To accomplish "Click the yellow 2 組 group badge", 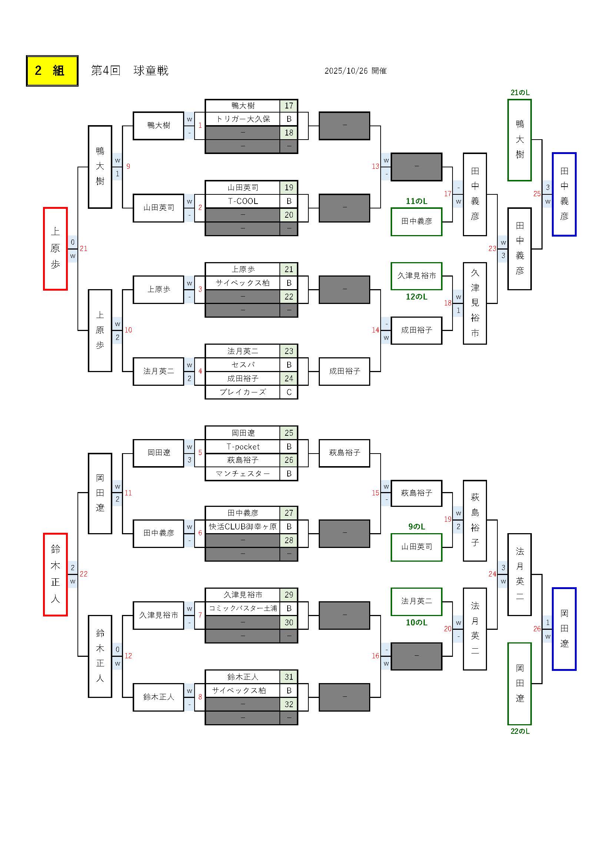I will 52,71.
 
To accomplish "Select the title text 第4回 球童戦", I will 129,71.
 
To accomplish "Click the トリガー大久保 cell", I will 243,119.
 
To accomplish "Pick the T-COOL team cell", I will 243,201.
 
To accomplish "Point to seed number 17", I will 289,106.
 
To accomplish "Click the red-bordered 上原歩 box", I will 56,248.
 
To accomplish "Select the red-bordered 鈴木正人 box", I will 56,574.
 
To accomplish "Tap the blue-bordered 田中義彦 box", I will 564,194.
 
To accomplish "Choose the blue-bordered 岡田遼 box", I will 564,629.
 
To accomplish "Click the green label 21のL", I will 520,93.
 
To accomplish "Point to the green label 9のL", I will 416,526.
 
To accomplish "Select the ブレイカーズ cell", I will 243,392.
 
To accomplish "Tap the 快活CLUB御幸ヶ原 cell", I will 243,526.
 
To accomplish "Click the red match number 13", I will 375,166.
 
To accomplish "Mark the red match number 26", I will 537,629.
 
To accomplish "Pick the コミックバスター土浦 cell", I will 243,608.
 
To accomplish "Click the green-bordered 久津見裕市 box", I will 416,276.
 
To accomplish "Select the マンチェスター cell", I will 243,474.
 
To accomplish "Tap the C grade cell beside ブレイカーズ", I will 289,392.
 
